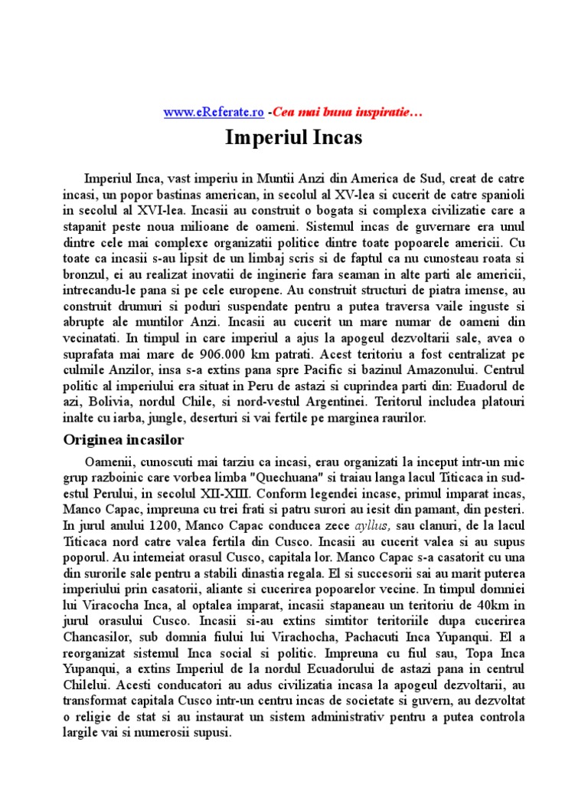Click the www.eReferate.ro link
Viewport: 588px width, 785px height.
(214, 112)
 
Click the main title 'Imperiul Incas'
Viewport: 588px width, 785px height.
(294, 138)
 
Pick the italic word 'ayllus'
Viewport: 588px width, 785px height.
(372, 524)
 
